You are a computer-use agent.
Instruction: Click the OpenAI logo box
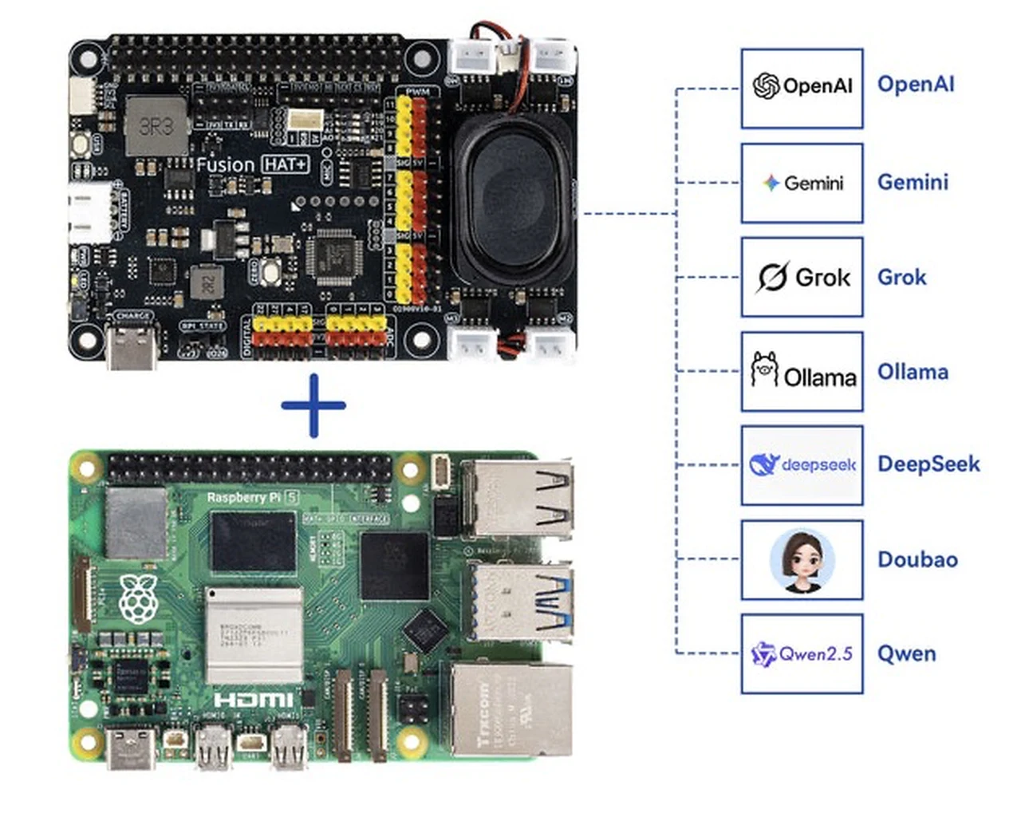(x=802, y=88)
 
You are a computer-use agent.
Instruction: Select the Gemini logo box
(x=802, y=183)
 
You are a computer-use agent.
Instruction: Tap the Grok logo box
(x=802, y=277)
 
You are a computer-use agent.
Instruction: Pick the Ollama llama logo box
(x=802, y=372)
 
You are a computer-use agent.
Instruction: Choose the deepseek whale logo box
(x=802, y=465)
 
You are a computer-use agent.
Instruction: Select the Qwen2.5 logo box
(x=802, y=654)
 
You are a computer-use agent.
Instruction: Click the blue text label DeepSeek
(x=928, y=464)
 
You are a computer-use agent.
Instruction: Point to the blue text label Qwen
(x=907, y=654)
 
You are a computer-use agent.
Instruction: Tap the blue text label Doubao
(x=917, y=559)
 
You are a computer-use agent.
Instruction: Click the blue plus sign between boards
(x=313, y=405)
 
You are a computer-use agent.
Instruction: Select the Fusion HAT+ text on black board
(x=252, y=164)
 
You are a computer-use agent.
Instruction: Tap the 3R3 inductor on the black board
(x=156, y=126)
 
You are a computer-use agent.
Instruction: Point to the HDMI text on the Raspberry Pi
(x=254, y=700)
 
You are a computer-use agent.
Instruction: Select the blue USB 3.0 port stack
(x=518, y=600)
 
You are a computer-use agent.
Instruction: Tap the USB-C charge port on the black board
(x=132, y=349)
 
